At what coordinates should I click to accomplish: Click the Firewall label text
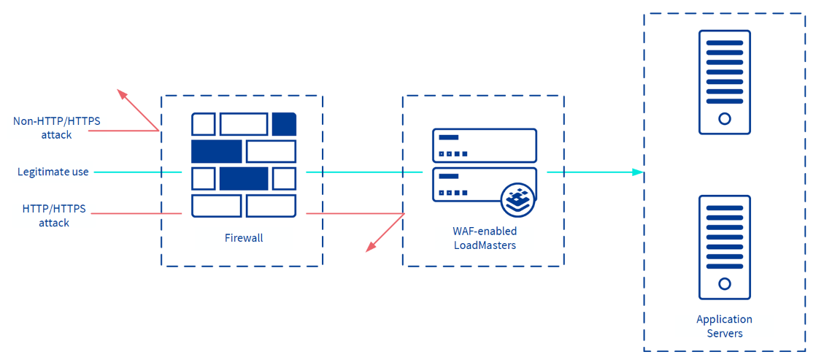point(244,238)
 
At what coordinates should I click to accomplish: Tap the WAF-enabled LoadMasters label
point(484,238)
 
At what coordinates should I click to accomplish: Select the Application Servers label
point(724,326)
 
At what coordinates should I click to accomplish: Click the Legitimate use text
point(53,172)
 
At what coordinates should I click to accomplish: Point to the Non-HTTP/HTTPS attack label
point(57,128)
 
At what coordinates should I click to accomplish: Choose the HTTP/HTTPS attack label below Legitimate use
point(54,215)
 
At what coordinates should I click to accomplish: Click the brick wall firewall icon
point(244,165)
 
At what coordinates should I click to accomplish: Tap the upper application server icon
point(724,82)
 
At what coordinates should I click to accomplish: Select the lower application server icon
point(724,247)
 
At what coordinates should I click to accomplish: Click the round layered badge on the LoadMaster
point(518,199)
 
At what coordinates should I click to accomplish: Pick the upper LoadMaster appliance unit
point(485,145)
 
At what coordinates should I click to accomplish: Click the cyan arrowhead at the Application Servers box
point(637,172)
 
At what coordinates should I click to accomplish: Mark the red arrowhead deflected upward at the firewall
point(122,94)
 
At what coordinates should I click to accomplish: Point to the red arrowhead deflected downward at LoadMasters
point(371,247)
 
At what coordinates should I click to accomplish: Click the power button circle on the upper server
point(725,119)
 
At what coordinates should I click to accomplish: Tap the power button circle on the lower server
point(725,284)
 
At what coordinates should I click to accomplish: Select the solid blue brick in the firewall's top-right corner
point(284,124)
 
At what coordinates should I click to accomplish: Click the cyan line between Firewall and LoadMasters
point(363,172)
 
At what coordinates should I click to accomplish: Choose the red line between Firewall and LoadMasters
point(354,213)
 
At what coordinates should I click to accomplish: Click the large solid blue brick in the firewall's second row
point(216,151)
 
